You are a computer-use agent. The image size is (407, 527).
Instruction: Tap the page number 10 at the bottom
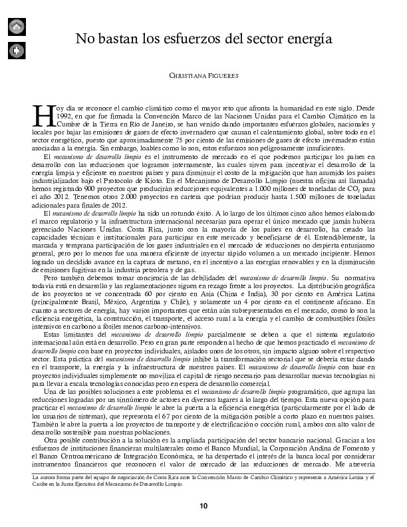(203, 506)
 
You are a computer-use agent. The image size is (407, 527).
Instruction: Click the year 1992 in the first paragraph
(57, 116)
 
